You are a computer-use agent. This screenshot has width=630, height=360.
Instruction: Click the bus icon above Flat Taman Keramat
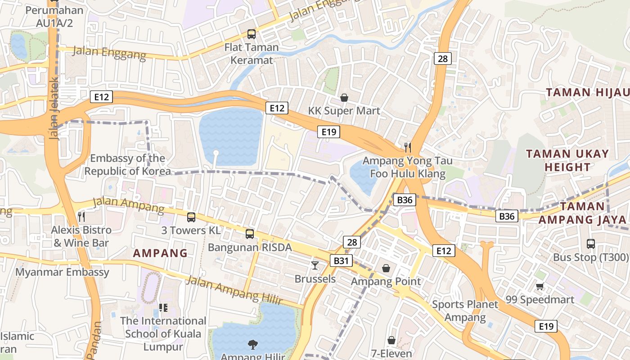click(x=251, y=34)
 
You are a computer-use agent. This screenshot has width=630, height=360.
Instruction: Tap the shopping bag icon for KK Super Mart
click(x=344, y=98)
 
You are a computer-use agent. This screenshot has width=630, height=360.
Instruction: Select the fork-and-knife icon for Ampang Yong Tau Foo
click(x=408, y=147)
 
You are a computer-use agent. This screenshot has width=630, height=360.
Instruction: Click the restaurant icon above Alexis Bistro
click(x=81, y=217)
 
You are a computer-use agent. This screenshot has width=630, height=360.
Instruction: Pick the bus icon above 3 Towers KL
click(x=191, y=217)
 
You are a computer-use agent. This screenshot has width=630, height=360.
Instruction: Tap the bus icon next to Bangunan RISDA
click(x=250, y=234)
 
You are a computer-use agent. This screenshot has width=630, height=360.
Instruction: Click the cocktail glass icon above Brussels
click(x=315, y=265)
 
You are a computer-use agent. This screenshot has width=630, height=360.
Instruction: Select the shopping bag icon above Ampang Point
click(x=386, y=268)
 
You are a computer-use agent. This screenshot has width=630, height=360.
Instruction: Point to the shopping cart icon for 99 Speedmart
click(x=540, y=286)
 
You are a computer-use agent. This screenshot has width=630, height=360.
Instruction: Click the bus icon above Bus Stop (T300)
click(x=591, y=244)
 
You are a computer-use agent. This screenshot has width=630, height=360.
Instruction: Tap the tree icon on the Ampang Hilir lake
click(x=253, y=345)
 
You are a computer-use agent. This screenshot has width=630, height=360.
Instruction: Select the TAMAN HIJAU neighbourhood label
click(x=587, y=93)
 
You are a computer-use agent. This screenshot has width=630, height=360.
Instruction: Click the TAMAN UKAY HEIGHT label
click(x=567, y=160)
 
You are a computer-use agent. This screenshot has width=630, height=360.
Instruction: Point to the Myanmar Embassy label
click(x=63, y=272)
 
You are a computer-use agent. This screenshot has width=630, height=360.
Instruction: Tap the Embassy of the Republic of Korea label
click(x=127, y=165)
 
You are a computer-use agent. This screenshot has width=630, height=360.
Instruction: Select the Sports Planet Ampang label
click(x=465, y=310)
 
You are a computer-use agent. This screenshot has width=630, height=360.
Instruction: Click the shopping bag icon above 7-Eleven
click(x=391, y=340)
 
